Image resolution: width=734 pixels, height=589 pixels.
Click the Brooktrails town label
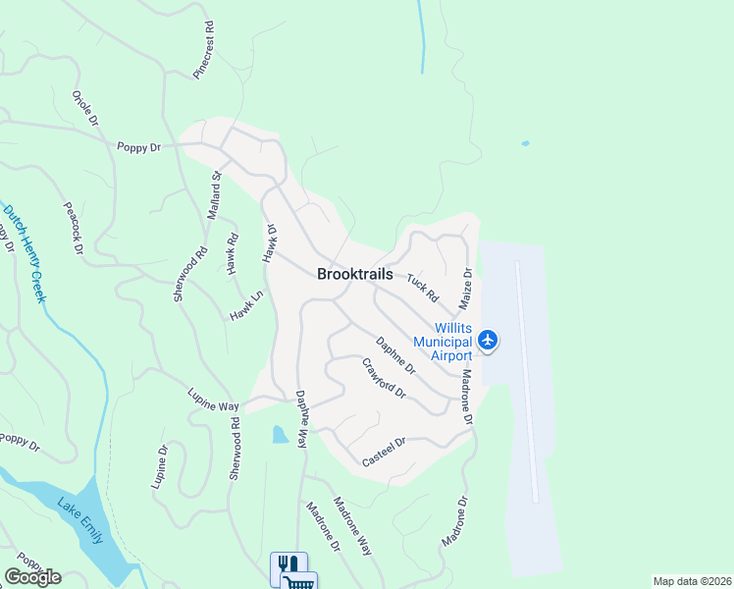coord(354,275)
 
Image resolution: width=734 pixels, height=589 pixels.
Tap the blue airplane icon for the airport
coord(489,340)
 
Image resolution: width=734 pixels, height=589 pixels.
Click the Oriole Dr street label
coord(85,108)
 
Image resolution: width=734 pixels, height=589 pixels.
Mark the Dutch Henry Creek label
coord(24,251)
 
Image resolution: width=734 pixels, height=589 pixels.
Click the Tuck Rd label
coord(422,288)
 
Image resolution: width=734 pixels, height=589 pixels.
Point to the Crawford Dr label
coord(384,378)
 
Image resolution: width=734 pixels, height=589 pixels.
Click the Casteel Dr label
coord(384,453)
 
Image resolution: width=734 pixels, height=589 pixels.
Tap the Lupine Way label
coord(214,400)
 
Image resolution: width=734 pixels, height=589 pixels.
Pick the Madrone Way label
coord(352,527)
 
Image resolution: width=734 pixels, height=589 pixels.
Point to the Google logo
coord(32,576)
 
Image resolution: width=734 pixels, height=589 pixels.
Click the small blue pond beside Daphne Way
coord(281,434)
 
